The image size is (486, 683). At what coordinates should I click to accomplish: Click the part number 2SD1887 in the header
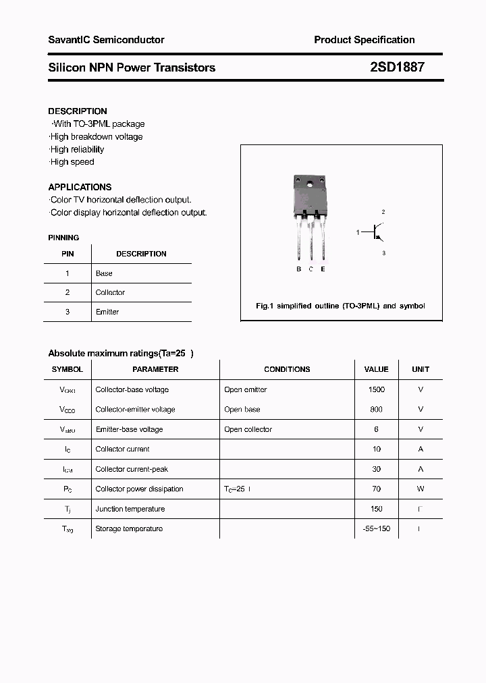point(397,67)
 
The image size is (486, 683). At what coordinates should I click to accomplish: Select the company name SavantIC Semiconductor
point(106,40)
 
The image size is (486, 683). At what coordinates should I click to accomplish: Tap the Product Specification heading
point(364,40)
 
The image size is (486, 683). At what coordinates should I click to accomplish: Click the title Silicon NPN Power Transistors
point(132,67)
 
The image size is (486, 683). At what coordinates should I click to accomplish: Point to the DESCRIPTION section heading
point(78,111)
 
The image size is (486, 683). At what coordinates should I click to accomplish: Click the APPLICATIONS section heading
point(80,187)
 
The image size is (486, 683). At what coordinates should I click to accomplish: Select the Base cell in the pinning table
point(104,273)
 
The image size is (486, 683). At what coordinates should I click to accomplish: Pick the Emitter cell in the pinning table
point(107,312)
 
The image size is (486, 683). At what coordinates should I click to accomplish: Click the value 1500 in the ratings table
point(376,389)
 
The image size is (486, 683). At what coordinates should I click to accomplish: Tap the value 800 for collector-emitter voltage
point(376,409)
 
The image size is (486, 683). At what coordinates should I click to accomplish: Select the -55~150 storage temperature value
point(376,528)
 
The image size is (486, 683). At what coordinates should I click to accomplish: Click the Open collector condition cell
point(248,429)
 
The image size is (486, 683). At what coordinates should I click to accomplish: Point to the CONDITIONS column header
point(287,369)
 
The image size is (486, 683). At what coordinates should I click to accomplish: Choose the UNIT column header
point(421,369)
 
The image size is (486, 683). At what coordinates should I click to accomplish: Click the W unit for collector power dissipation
point(421,489)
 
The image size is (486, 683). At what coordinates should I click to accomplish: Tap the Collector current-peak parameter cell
point(132,469)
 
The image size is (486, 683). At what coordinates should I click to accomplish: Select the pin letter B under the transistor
point(298,269)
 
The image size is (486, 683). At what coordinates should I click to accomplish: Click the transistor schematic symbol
point(375,233)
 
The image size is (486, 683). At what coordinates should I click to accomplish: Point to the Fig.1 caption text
point(340,306)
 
